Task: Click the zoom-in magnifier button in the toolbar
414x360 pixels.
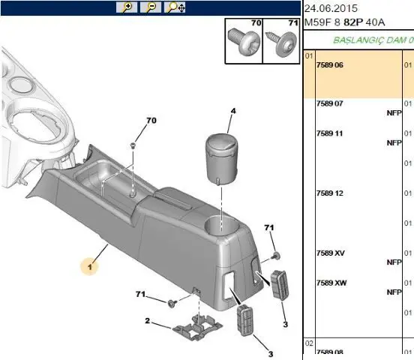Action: pyautogui.click(x=127, y=7)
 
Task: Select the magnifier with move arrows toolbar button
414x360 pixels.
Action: pyautogui.click(x=175, y=7)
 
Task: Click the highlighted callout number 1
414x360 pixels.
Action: pyautogui.click(x=90, y=267)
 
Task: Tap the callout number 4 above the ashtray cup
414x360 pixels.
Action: pyautogui.click(x=233, y=111)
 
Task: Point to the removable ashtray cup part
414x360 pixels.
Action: pyautogui.click(x=221, y=159)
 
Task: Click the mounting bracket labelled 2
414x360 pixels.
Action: pyautogui.click(x=196, y=327)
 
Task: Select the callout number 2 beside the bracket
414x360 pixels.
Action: pyautogui.click(x=147, y=321)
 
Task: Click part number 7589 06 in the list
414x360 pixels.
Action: pyautogui.click(x=329, y=65)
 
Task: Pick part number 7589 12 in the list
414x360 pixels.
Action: pyautogui.click(x=329, y=193)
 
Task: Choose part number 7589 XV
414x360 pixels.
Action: pyautogui.click(x=331, y=253)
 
